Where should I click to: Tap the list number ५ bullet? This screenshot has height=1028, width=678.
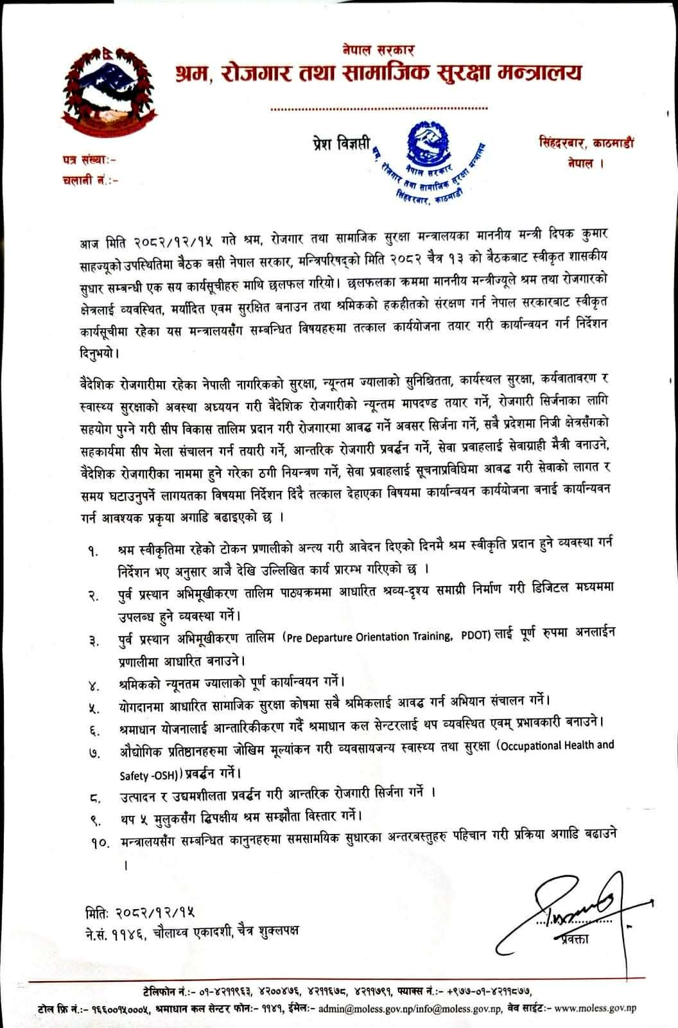(x=94, y=707)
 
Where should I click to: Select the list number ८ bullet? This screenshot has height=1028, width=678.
(x=94, y=799)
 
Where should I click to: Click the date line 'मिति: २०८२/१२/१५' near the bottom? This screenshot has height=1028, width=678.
(x=139, y=912)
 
